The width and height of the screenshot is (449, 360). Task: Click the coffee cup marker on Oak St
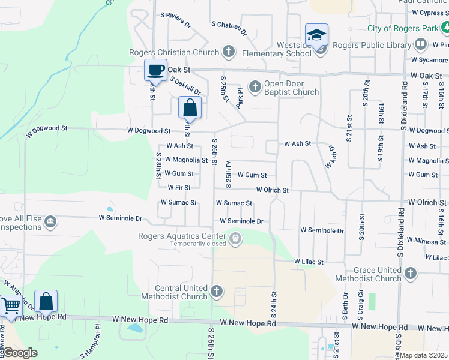[x=156, y=70]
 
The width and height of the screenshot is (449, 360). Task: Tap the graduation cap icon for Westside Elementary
[x=316, y=35]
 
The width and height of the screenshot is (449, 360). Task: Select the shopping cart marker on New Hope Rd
[x=10, y=305]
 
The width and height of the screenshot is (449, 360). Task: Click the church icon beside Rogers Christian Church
[x=228, y=52]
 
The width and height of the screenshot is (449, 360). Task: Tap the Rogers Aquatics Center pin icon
[x=236, y=239]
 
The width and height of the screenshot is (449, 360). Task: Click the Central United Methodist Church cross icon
[x=216, y=292]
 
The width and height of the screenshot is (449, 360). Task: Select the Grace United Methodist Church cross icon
[x=411, y=274]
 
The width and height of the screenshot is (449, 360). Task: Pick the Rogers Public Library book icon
[x=421, y=44]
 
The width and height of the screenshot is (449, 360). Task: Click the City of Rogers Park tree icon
[x=445, y=28]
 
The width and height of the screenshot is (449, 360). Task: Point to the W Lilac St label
[x=309, y=262]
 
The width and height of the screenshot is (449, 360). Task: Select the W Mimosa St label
[x=427, y=240]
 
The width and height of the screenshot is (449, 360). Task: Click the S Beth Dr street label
[x=345, y=305]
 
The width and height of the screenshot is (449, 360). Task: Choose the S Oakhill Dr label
[x=185, y=85]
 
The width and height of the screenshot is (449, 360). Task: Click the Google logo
[x=20, y=353]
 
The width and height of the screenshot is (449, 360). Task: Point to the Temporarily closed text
[x=198, y=244]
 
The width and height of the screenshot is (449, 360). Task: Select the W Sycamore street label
[x=429, y=60]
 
